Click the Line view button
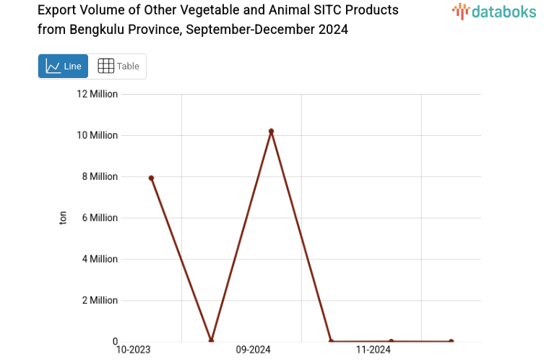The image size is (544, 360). tap(63, 67)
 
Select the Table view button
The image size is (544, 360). tap(118, 67)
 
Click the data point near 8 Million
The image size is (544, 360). tap(151, 178)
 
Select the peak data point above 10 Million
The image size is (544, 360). tap(271, 132)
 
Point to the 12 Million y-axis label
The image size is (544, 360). tap(98, 94)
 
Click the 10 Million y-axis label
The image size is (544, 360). tap(98, 135)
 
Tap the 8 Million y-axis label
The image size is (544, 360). tap(100, 176)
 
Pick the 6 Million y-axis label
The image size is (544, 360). tap(100, 218)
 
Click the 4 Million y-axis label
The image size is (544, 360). tap(100, 259)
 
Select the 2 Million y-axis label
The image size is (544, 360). tap(100, 300)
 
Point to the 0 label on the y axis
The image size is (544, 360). tap(114, 341)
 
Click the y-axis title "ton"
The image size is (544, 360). tap(63, 218)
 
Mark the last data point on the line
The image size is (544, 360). tap(451, 341)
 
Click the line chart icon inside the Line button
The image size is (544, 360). tap(53, 67)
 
